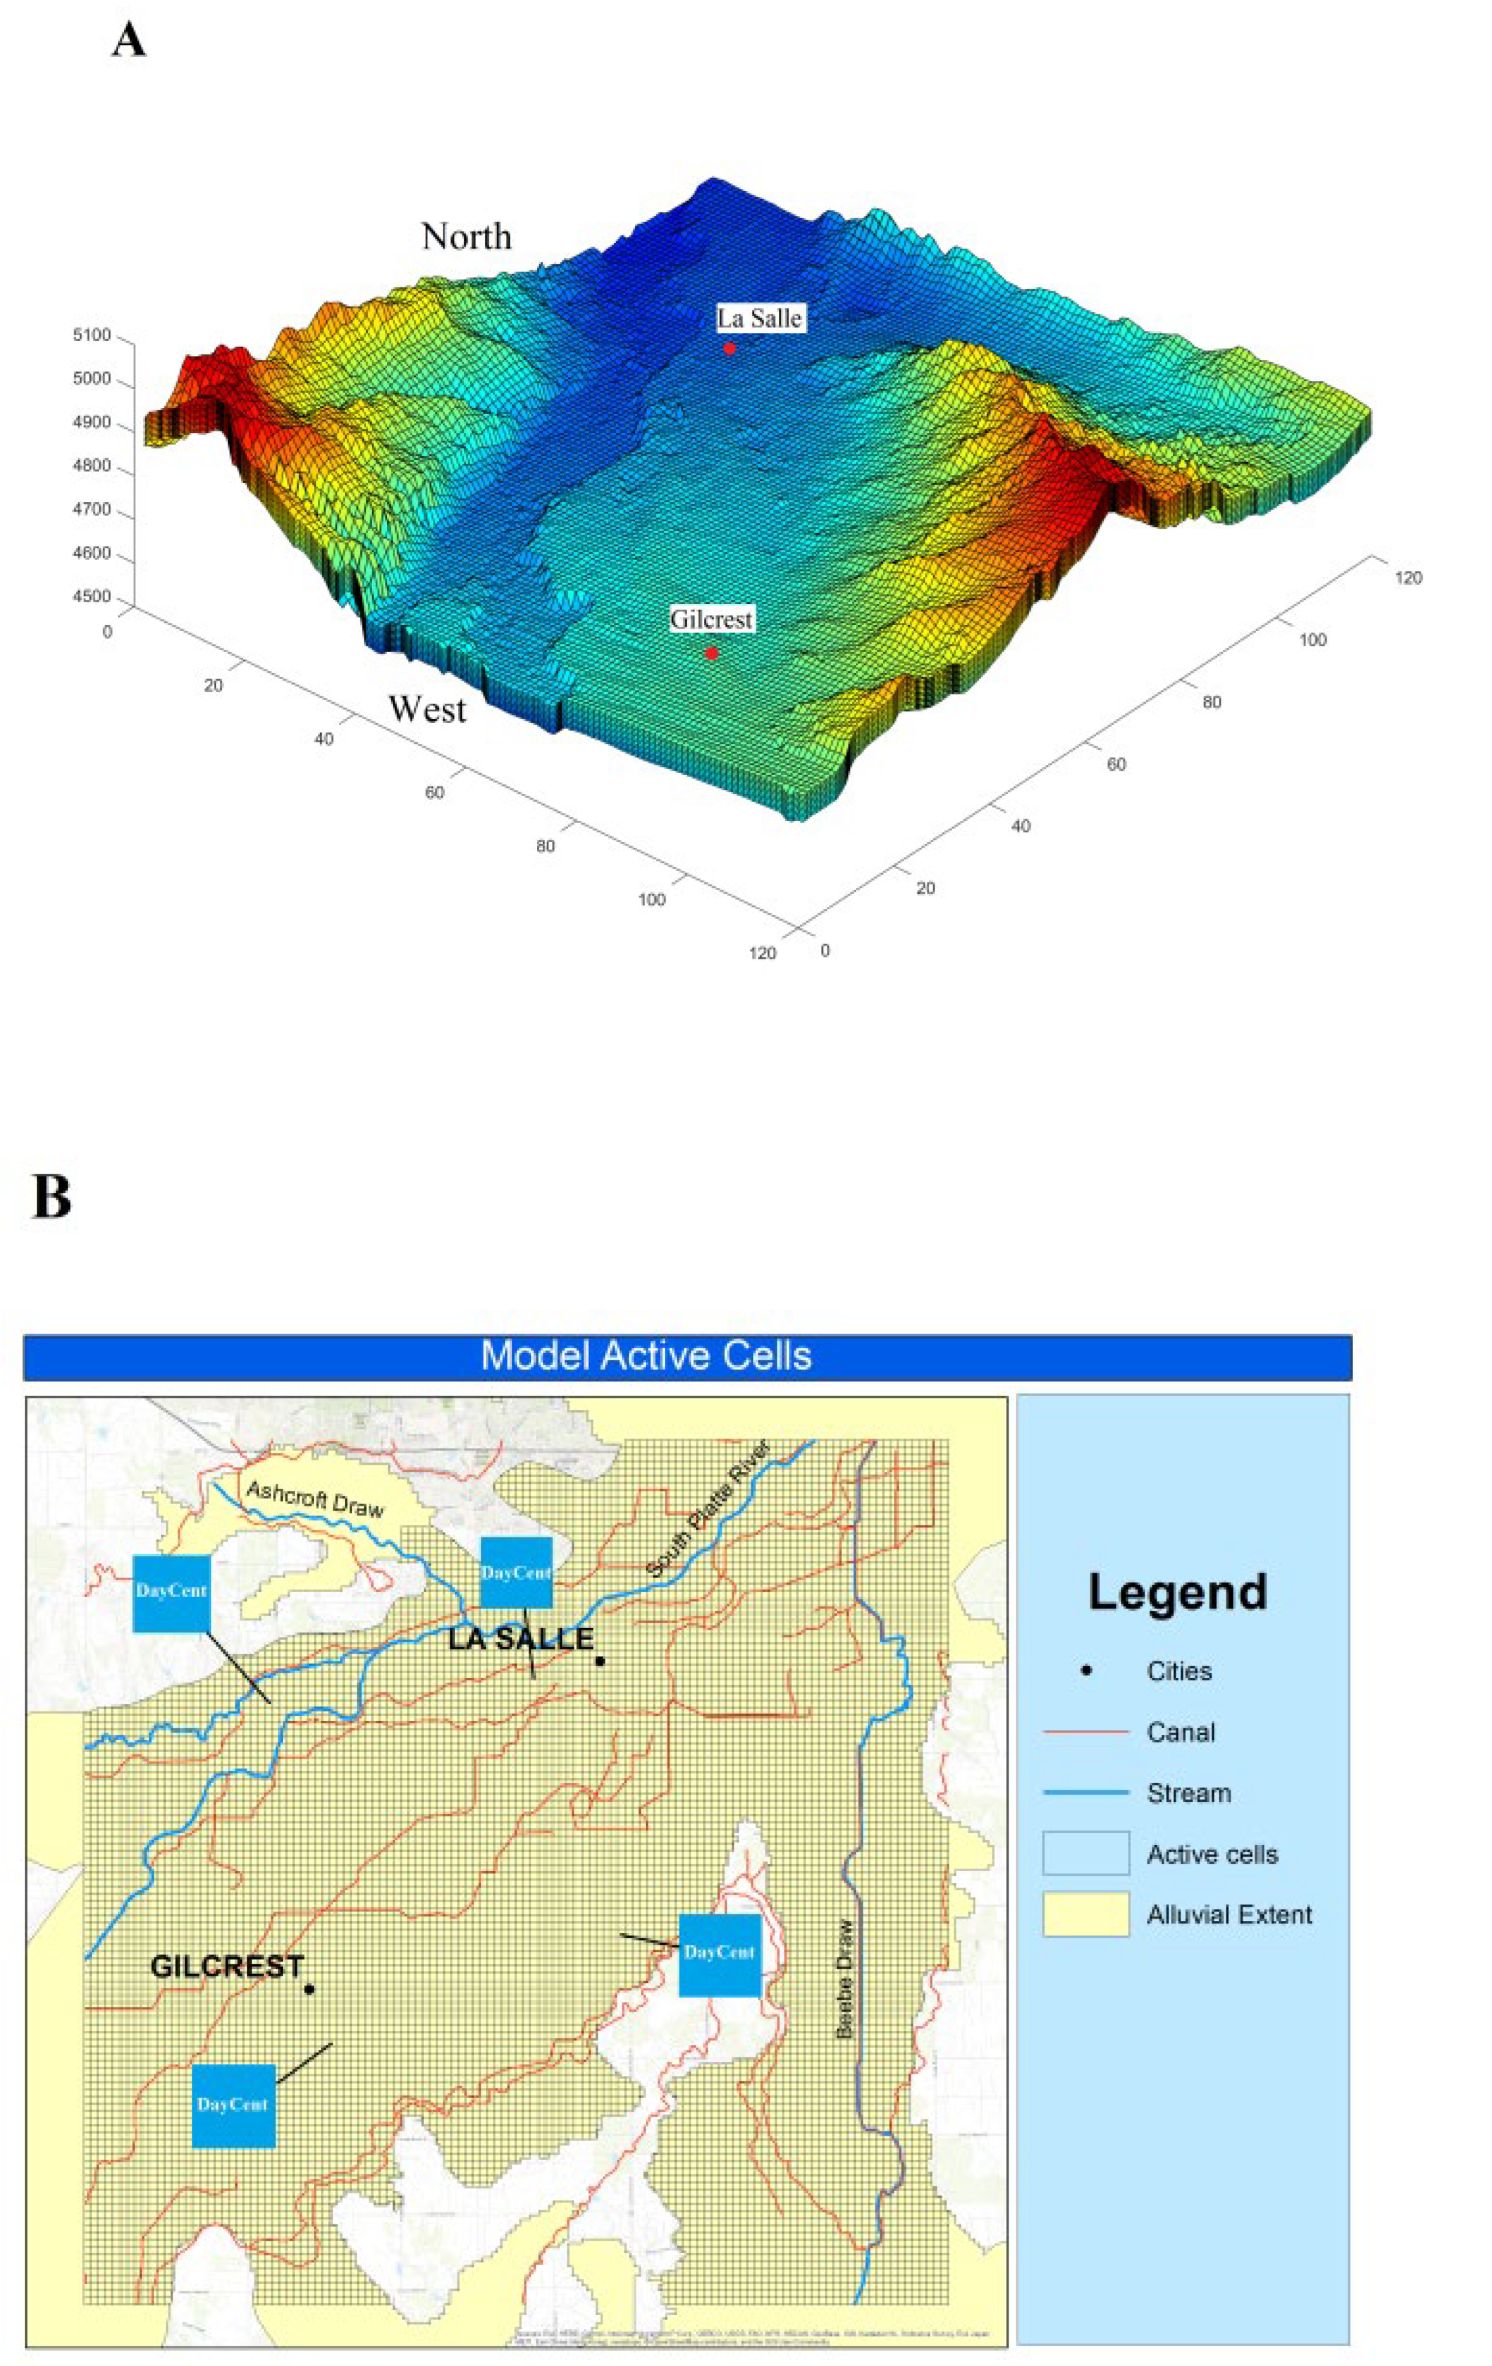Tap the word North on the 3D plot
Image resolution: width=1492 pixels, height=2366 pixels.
pos(466,236)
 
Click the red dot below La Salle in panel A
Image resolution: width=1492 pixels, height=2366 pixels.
pos(730,348)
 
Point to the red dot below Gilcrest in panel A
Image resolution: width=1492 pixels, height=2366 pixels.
pos(711,653)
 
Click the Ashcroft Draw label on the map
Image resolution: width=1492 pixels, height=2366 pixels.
pos(314,1498)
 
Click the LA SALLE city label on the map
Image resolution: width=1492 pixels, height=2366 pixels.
pos(521,1638)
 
